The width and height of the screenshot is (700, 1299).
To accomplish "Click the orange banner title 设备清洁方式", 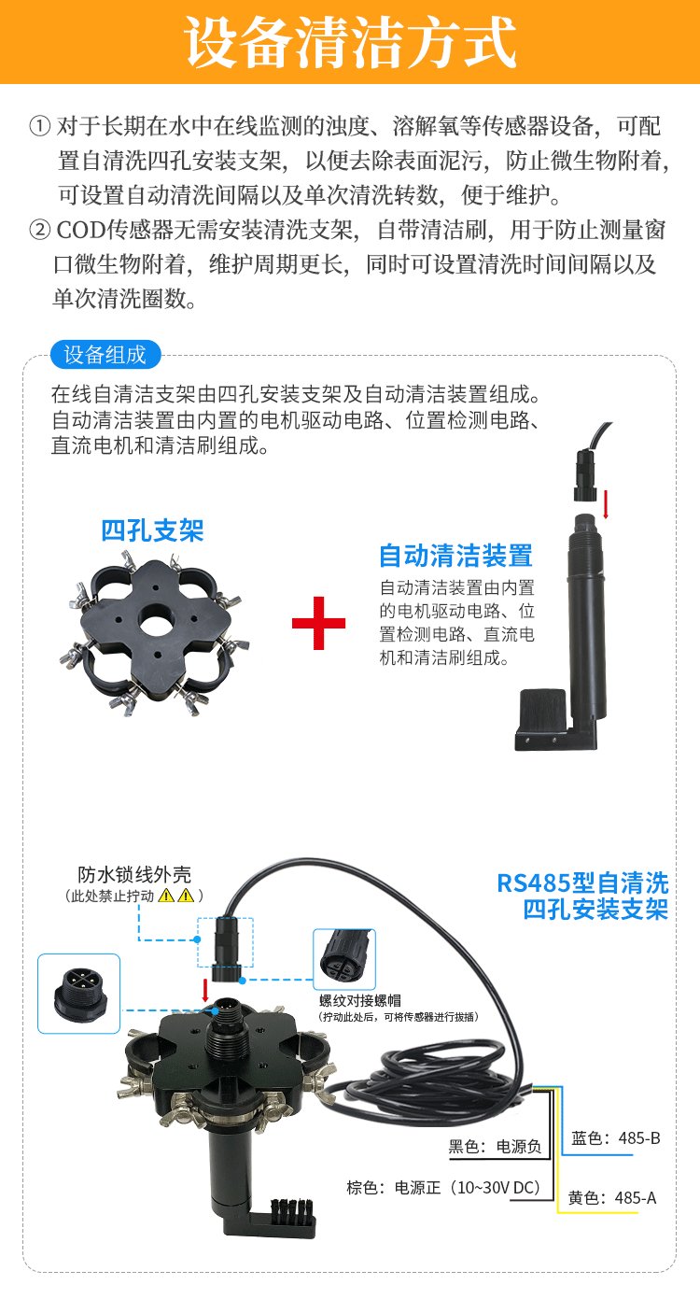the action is [x=350, y=42].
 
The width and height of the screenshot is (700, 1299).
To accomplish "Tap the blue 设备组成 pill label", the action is [x=105, y=354].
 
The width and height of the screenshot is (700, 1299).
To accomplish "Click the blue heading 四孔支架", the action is [x=152, y=530].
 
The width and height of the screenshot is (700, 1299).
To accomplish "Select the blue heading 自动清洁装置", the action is [x=455, y=556].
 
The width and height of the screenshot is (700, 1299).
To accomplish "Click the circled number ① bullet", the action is [x=40, y=126].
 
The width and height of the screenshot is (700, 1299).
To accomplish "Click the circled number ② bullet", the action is [x=40, y=231].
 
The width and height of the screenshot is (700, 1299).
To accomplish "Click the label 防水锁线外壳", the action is [x=134, y=874].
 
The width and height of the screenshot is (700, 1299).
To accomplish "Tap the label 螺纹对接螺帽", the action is [x=360, y=1000].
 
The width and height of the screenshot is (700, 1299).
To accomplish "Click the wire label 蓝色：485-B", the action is [x=615, y=1138].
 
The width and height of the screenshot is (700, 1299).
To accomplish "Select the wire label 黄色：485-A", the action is [x=612, y=1197].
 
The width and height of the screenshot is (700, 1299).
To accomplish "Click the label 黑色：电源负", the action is [x=495, y=1147].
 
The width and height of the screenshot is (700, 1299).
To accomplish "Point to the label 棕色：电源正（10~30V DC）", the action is [x=444, y=1188].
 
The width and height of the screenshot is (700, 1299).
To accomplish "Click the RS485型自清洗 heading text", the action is [x=583, y=883].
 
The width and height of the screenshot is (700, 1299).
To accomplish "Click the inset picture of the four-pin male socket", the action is [x=78, y=994].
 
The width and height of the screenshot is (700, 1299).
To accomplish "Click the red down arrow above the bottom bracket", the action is [x=205, y=991].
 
